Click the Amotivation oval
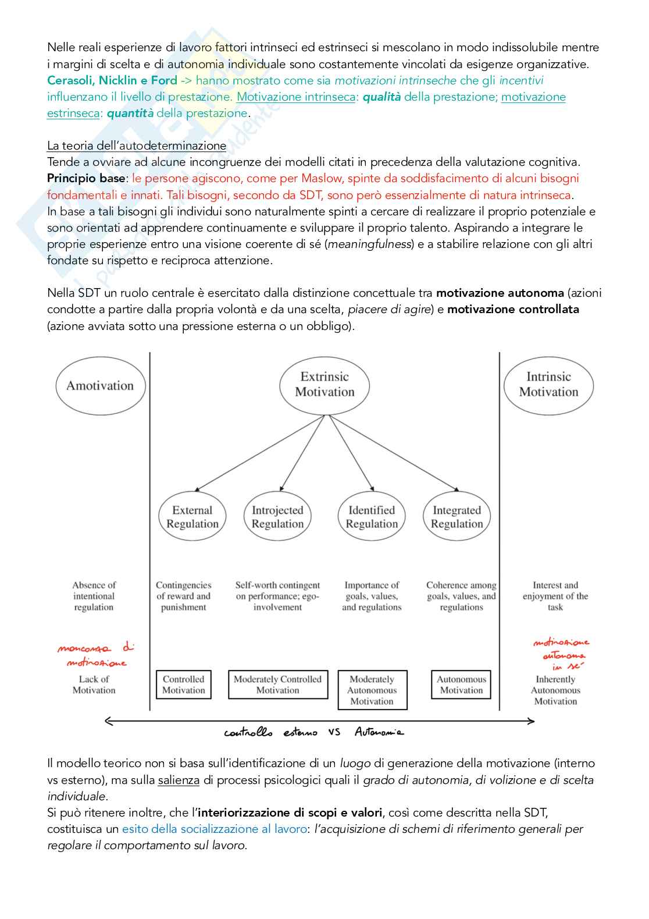100,386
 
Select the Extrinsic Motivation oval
324,385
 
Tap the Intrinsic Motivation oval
548,385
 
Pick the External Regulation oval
192,517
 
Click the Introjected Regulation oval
277,517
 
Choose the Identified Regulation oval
372,517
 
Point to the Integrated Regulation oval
457,517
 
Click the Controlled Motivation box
183,684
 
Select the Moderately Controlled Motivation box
277,684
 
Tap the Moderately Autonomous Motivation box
372,690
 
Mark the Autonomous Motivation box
461,684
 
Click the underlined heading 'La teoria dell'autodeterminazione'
137,146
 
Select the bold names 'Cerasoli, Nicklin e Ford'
112,80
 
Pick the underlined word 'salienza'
179,780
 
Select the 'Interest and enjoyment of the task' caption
555,596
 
